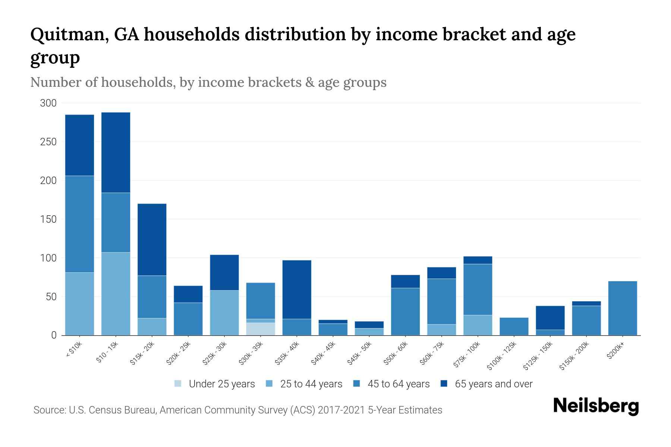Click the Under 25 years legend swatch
[178, 384]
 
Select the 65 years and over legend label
[494, 384]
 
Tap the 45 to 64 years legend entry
[398, 384]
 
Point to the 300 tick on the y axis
[48, 103]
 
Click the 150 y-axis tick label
[48, 219]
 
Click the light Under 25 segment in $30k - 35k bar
[261, 329]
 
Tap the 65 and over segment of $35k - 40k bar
[297, 289]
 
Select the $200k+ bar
[622, 308]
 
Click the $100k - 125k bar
[514, 326]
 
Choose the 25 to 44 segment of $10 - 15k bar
[116, 294]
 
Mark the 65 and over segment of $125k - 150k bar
[550, 318]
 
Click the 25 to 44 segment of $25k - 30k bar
[224, 313]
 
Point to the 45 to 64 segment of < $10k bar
[79, 224]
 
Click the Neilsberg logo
[596, 406]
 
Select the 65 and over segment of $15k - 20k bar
[152, 240]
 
